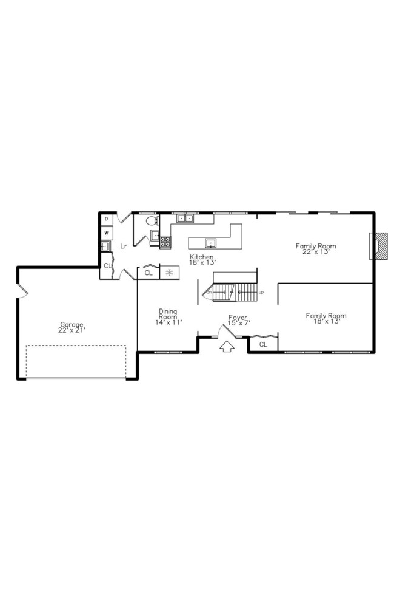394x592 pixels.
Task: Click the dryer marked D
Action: tap(106, 219)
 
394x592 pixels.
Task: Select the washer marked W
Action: tap(106, 233)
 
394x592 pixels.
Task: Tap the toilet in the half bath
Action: tap(151, 221)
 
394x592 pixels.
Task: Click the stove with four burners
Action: tap(165, 242)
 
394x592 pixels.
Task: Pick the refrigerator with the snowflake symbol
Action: tap(170, 273)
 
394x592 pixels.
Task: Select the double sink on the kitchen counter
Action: tap(185, 219)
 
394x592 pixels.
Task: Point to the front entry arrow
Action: tap(227, 347)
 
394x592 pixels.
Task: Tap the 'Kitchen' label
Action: tap(202, 257)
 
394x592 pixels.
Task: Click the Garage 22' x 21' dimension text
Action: tap(72, 330)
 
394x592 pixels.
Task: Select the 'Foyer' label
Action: tap(237, 317)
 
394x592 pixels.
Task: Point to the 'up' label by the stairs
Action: tap(261, 292)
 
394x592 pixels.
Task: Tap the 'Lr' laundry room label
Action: tap(123, 246)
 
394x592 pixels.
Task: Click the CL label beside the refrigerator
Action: tap(149, 273)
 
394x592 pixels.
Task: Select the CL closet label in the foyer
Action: tap(263, 344)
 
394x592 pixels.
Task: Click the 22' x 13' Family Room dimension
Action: tap(315, 251)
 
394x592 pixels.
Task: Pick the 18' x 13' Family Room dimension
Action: tap(326, 321)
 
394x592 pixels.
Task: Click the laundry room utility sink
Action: tap(105, 247)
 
